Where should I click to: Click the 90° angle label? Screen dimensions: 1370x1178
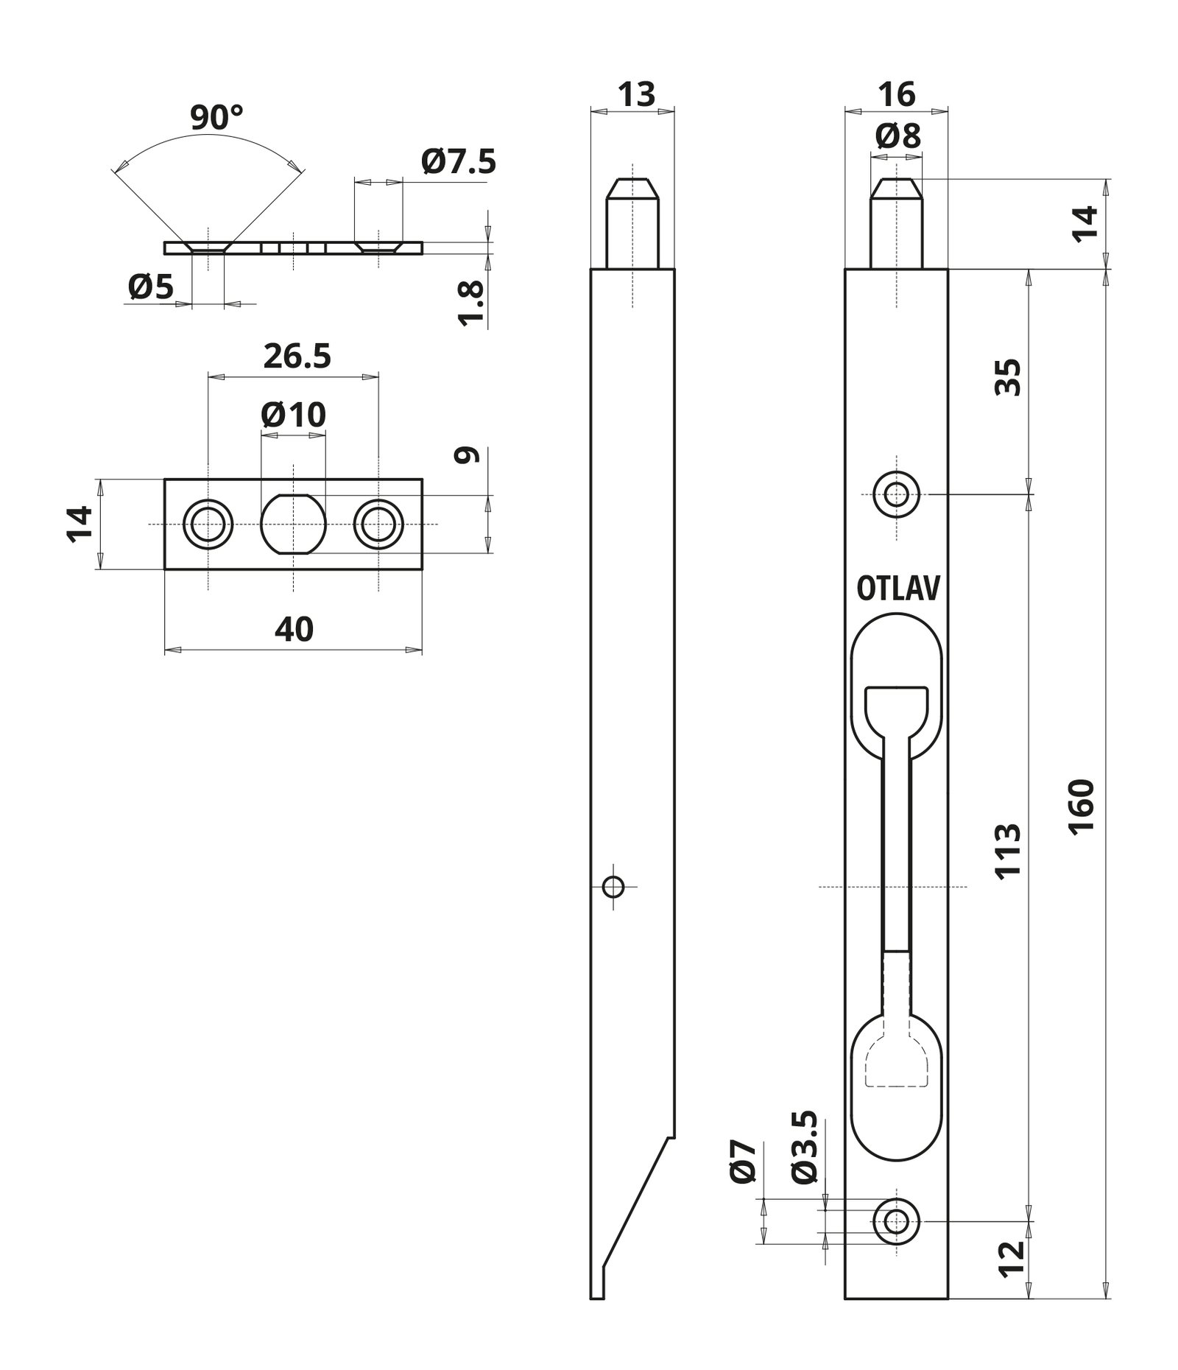tap(216, 118)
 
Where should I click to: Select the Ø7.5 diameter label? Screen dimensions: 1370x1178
tap(459, 162)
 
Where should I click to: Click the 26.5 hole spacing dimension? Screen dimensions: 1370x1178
tap(297, 356)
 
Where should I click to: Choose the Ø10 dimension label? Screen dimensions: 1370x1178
tap(293, 415)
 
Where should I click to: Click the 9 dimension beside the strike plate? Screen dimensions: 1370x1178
tap(468, 455)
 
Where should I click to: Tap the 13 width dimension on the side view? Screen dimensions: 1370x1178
tap(636, 95)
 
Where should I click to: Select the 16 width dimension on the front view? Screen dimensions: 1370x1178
tap(896, 95)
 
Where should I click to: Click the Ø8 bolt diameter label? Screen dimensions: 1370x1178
tap(898, 137)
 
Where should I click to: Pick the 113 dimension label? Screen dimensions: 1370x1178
tap(1008, 849)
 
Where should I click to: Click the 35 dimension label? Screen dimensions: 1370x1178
tap(1008, 378)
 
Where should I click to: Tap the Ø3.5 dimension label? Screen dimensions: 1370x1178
tap(807, 1157)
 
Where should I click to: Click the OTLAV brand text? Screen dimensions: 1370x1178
tap(898, 589)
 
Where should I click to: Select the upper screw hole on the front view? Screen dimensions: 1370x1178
tap(896, 494)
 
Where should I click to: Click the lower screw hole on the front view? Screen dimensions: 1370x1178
tap(896, 1221)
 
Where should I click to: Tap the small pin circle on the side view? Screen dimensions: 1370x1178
tap(613, 887)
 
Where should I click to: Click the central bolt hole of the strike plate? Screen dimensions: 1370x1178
tap(293, 524)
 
